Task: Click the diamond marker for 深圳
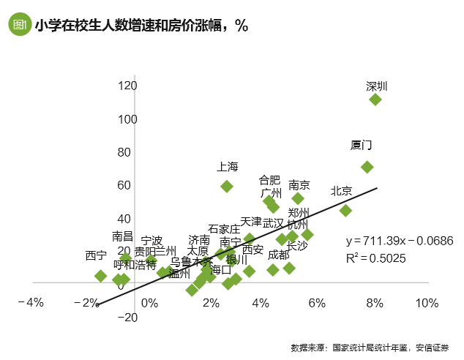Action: pos(375,100)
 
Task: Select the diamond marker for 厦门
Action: pos(367,168)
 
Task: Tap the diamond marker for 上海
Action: pos(227,187)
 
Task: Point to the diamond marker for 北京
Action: pos(346,211)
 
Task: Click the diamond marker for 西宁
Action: pos(101,276)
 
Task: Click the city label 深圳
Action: pos(376,86)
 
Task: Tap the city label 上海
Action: pos(228,167)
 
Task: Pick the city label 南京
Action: pos(299,185)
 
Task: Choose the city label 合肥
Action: pos(269,179)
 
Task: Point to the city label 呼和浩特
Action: pos(135,265)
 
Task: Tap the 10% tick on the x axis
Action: pos(427,303)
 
